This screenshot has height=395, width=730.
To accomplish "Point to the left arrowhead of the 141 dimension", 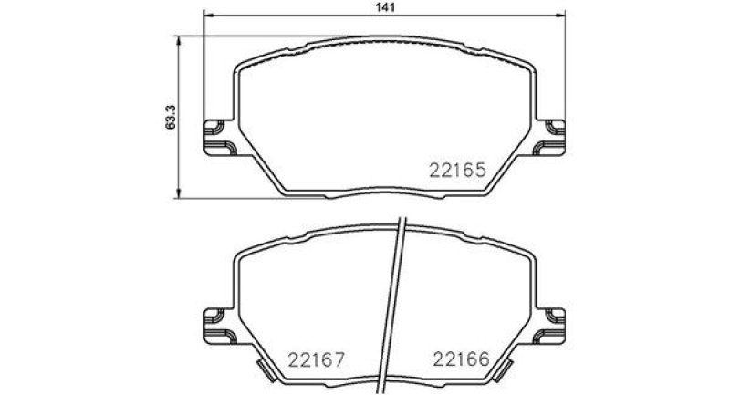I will pos(206,17).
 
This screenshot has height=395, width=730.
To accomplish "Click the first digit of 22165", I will pos(433,170).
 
